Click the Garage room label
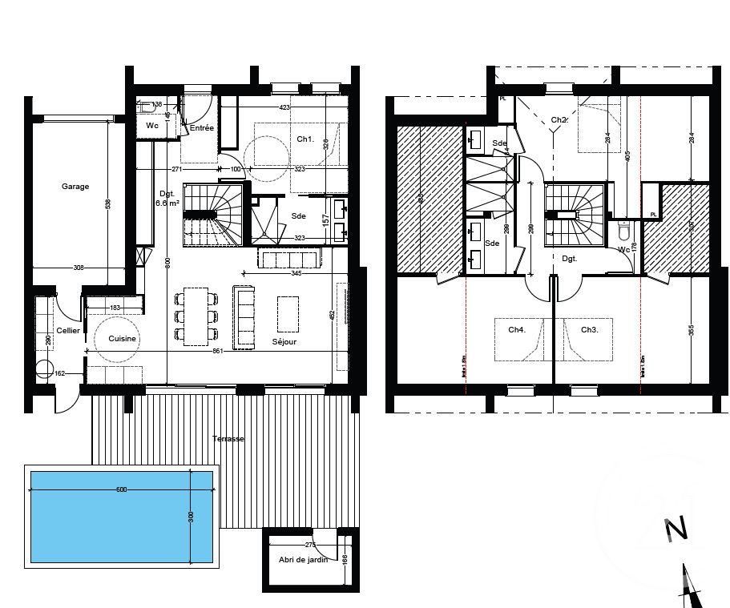coord(75,187)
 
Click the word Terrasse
coord(228,439)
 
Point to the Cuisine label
coord(123,339)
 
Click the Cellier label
coord(67,330)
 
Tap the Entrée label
coord(201,128)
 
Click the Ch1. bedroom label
coord(305,139)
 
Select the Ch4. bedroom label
coord(517,329)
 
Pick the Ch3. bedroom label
coord(590,329)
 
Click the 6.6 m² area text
coord(167,203)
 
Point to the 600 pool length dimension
coord(121,489)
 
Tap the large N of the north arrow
coord(676,529)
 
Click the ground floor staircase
coord(213,215)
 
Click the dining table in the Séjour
coord(196,316)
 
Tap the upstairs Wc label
coord(623,248)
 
